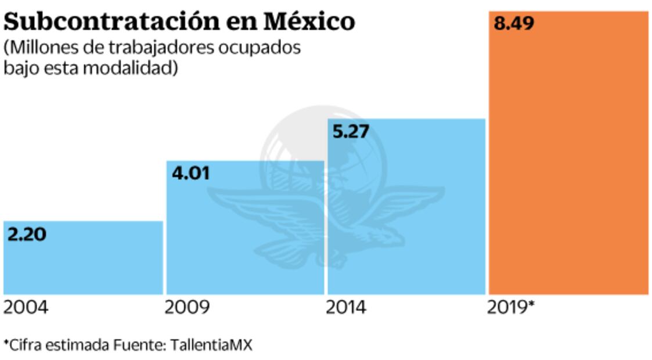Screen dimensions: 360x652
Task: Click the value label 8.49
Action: pos(513,24)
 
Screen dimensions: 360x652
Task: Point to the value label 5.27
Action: pos(351,132)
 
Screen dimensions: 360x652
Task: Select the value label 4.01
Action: pos(190,174)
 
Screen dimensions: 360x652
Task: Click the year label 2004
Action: pos(26,308)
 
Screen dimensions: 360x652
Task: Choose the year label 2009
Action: pos(187,308)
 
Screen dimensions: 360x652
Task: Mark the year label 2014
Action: pos(346,308)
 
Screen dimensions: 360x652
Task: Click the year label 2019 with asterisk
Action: pos(510,308)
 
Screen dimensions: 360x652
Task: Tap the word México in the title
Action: pos(309,22)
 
